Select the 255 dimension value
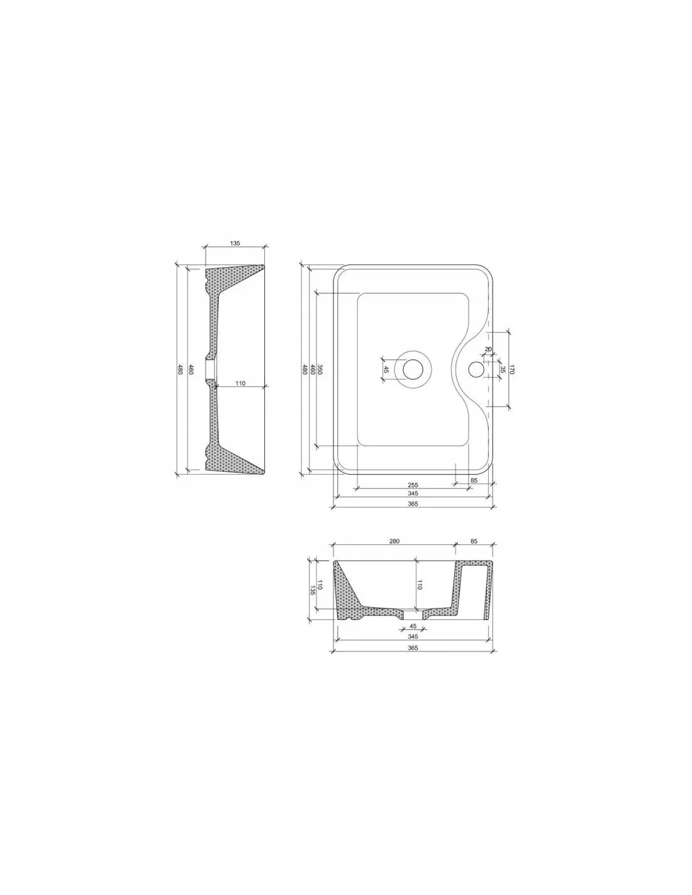(413, 485)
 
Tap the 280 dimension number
(394, 541)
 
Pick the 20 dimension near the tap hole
(488, 349)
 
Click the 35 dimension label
(501, 369)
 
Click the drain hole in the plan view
(413, 369)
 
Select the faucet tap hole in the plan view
(476, 369)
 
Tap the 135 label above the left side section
(234, 244)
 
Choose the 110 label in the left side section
(240, 383)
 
